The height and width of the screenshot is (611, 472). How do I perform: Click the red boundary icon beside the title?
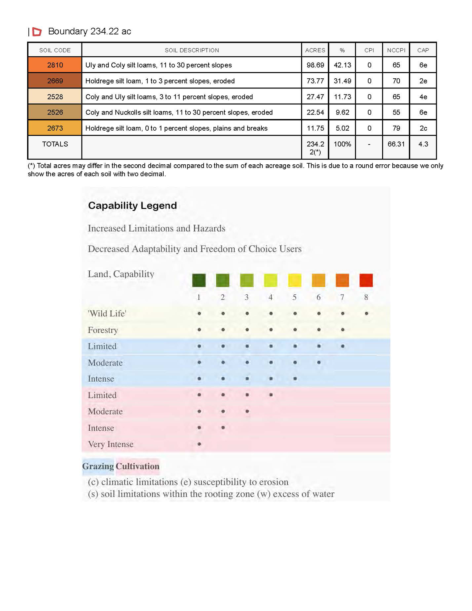point(37,31)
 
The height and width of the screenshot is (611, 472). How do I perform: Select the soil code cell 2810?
point(55,65)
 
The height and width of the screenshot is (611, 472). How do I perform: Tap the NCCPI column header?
point(396,50)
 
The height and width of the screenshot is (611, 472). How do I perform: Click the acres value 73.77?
point(315,81)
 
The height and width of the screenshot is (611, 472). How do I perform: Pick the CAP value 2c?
point(423,128)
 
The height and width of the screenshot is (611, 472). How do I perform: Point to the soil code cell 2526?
point(55,112)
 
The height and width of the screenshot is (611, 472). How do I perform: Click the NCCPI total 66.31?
point(396,144)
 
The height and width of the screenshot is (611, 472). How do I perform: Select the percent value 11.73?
point(342,97)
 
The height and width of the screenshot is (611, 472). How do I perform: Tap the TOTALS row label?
point(55,144)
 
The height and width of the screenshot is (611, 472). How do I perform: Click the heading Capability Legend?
point(132,206)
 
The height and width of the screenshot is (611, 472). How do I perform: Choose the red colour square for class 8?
point(366,280)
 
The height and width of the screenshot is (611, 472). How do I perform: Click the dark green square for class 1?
point(199,280)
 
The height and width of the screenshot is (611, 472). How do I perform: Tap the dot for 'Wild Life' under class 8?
point(366,314)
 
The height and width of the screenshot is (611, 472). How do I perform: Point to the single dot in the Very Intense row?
point(199,444)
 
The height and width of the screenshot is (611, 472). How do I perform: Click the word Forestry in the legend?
point(103,330)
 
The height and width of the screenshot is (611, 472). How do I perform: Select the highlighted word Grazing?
point(98,466)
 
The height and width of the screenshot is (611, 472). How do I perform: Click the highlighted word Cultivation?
point(138,466)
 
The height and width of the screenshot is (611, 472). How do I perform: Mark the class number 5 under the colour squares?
point(295,297)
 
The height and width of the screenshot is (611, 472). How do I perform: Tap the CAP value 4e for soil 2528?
point(423,97)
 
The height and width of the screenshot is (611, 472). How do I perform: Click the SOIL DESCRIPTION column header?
point(192,50)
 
